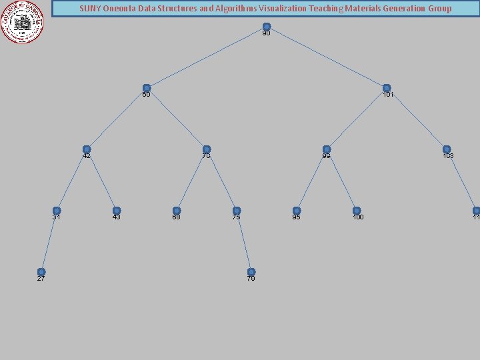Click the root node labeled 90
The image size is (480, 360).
[x=267, y=27]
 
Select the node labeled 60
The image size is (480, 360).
[x=147, y=88]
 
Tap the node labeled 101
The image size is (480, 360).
[x=387, y=88]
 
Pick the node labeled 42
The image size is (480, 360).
[x=87, y=149]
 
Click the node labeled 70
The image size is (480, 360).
[x=207, y=149]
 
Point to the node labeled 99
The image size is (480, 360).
[x=327, y=149]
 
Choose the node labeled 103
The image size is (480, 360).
[x=447, y=149]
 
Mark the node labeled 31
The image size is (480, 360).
[x=57, y=211]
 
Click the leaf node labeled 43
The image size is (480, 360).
[x=117, y=211]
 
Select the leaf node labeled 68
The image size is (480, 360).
[x=177, y=211]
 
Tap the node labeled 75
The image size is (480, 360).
[x=237, y=211]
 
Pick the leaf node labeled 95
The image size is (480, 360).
[x=297, y=211]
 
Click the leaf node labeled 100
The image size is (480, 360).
[x=357, y=211]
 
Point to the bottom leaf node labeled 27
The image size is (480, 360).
[x=41, y=272]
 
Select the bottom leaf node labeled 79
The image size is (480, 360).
[x=251, y=272]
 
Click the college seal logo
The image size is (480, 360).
[x=23, y=21]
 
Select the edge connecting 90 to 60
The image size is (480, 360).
[x=207, y=58]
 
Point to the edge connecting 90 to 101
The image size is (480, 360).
[x=327, y=58]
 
